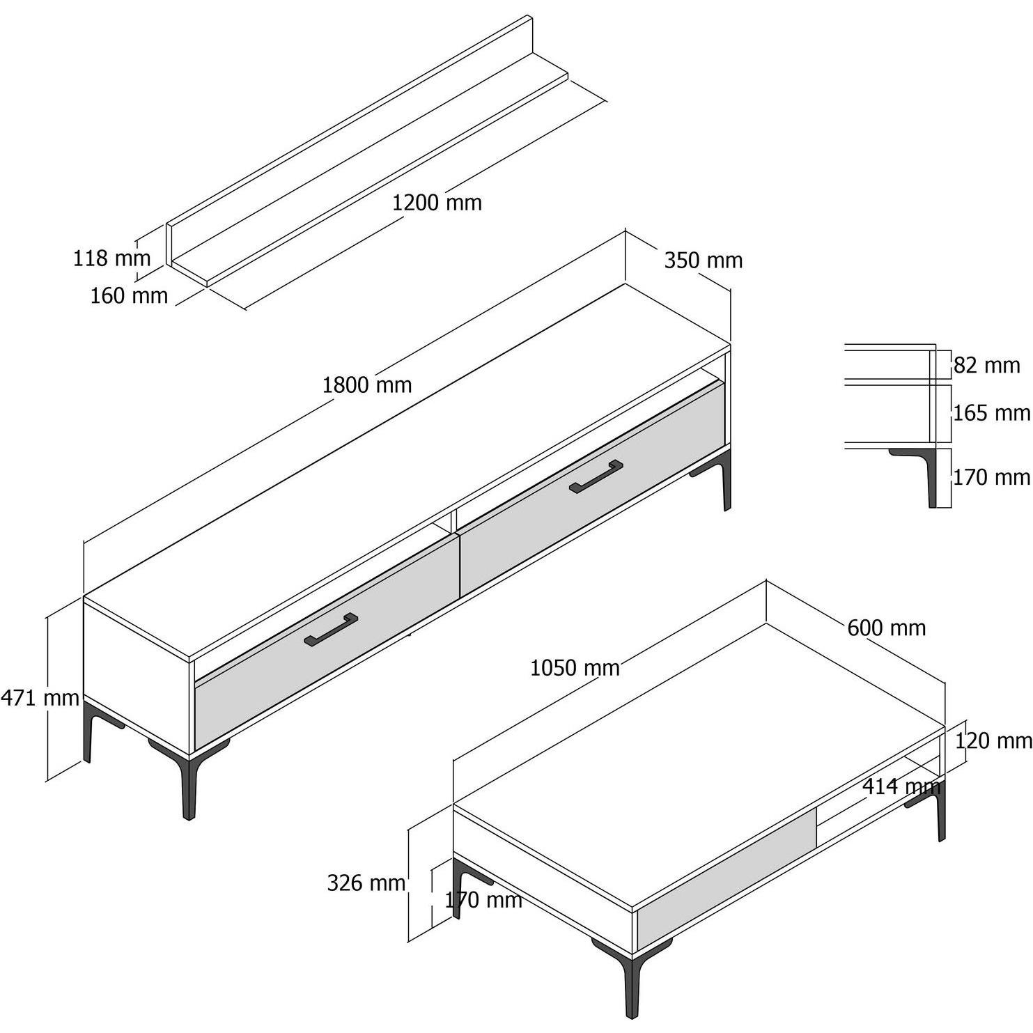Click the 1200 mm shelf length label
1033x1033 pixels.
point(437,203)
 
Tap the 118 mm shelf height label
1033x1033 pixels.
point(111,258)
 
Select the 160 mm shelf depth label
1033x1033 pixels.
point(129,296)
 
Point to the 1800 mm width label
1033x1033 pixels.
point(367,385)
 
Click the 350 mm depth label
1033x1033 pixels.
point(704,261)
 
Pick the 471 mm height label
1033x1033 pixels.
point(40,697)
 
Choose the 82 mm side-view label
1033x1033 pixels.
point(986,365)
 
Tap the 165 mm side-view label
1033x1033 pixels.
point(992,413)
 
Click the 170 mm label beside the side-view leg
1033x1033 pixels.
point(992,477)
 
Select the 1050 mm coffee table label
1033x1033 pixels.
point(575,668)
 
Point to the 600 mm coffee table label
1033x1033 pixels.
point(887,628)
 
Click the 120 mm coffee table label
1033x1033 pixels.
point(993,740)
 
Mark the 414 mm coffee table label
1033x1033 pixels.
point(902,787)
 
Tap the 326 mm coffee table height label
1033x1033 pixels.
point(366,883)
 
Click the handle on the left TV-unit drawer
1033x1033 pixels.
point(331,630)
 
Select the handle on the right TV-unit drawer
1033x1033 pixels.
point(596,476)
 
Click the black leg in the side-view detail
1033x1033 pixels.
point(926,471)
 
